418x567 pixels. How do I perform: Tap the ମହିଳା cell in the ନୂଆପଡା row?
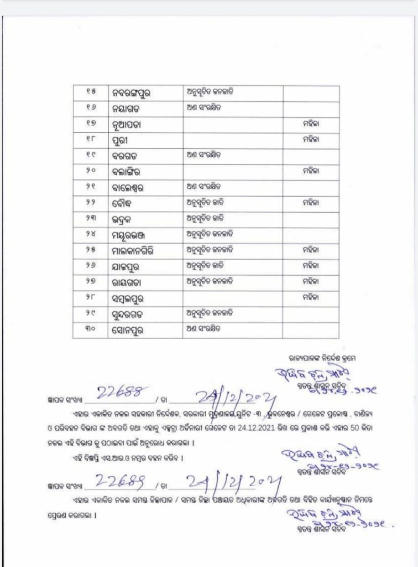[x=311, y=125]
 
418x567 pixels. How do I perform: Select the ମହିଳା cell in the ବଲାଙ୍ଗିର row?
[x=311, y=172]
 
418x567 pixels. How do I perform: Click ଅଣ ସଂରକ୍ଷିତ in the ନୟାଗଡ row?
[x=205, y=108]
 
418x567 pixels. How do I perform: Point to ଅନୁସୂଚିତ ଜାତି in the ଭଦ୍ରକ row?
[x=205, y=219]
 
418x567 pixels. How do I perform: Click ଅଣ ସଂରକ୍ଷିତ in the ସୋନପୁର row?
[x=205, y=329]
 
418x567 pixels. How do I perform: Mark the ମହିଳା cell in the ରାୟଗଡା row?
[x=311, y=282]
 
